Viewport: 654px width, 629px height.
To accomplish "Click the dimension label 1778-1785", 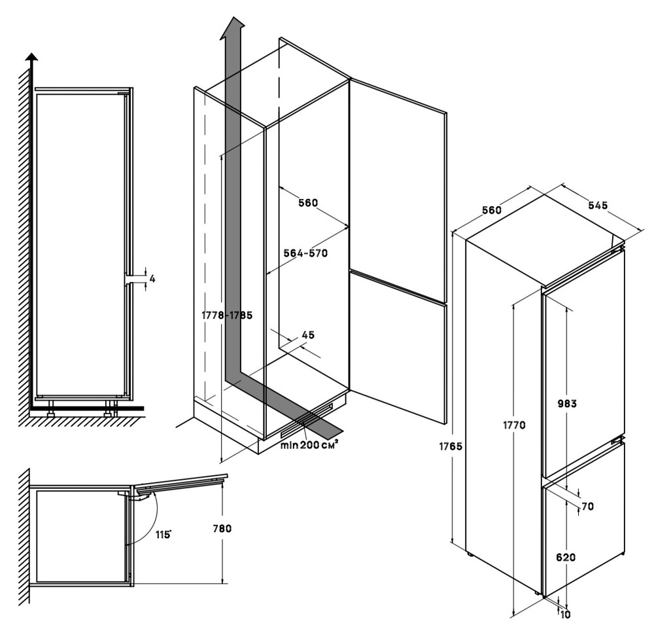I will point(227,315).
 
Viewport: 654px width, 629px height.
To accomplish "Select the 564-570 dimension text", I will point(305,253).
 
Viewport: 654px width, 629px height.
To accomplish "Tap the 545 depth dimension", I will point(598,205).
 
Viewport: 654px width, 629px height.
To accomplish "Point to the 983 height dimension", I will point(567,404).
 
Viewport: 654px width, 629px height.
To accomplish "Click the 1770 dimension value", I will point(514,425).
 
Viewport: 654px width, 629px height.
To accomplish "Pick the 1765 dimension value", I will point(452,446).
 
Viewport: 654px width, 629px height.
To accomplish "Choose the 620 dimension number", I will point(566,558).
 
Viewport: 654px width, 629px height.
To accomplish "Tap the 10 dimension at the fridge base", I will point(564,615).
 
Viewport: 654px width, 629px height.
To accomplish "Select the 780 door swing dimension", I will point(222,528).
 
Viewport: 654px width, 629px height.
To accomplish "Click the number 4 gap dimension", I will point(152,279).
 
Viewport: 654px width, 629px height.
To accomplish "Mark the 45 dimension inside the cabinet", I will point(308,335).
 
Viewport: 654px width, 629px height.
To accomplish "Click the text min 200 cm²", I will point(309,446).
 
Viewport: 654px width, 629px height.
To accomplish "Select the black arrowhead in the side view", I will point(31,56).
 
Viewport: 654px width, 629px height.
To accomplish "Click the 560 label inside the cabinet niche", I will point(307,203).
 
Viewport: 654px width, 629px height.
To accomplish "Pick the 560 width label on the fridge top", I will point(491,210).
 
